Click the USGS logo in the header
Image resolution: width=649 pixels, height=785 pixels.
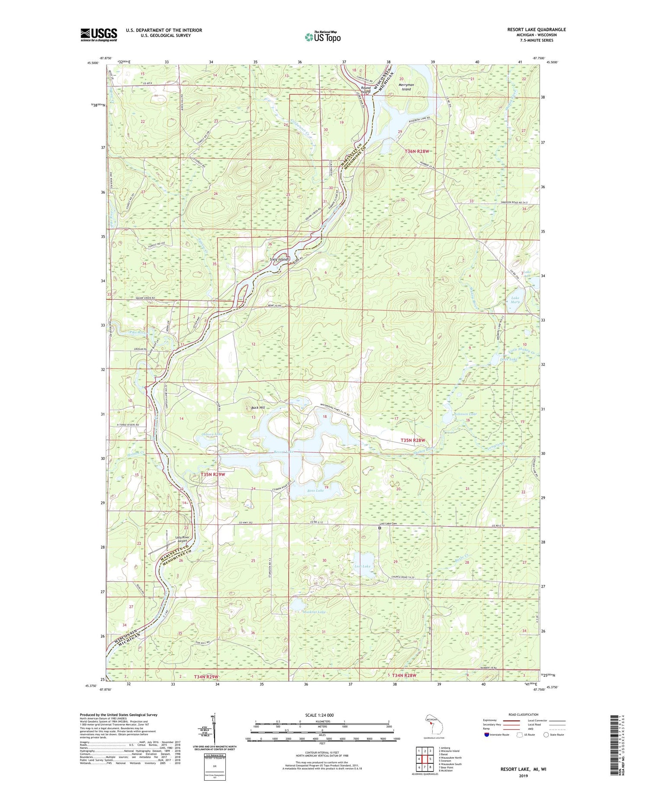(x=99, y=35)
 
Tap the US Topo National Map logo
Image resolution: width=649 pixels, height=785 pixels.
(x=322, y=37)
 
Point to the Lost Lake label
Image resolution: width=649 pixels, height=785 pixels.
(x=362, y=566)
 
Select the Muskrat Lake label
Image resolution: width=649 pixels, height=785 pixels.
(x=315, y=612)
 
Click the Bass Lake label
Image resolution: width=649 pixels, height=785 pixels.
(x=315, y=491)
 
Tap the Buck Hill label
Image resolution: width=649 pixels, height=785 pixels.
(x=258, y=408)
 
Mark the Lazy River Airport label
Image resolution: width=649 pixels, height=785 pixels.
(x=182, y=539)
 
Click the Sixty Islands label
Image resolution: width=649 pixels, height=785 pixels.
(x=279, y=259)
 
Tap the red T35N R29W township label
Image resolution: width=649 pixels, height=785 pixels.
(x=213, y=475)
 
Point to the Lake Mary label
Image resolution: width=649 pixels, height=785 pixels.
(x=515, y=300)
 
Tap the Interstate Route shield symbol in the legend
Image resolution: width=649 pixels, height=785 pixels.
(x=487, y=735)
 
